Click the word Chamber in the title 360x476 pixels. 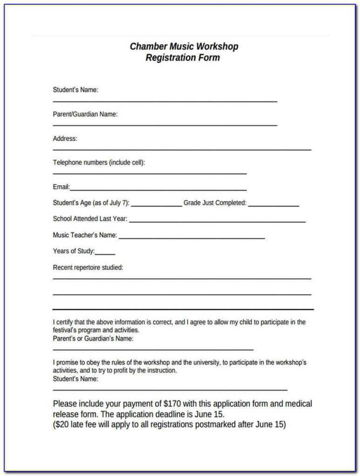point(147,46)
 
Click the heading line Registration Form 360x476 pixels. point(183,58)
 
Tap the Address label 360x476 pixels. point(65,139)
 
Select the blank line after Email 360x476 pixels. point(158,189)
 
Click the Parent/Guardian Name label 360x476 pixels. point(85,114)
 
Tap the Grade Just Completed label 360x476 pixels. point(215,203)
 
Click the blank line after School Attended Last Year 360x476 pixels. point(217,221)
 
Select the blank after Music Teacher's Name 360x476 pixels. point(192,238)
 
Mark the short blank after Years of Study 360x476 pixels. point(105,253)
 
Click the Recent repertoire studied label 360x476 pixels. point(88,268)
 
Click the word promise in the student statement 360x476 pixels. point(68,362)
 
